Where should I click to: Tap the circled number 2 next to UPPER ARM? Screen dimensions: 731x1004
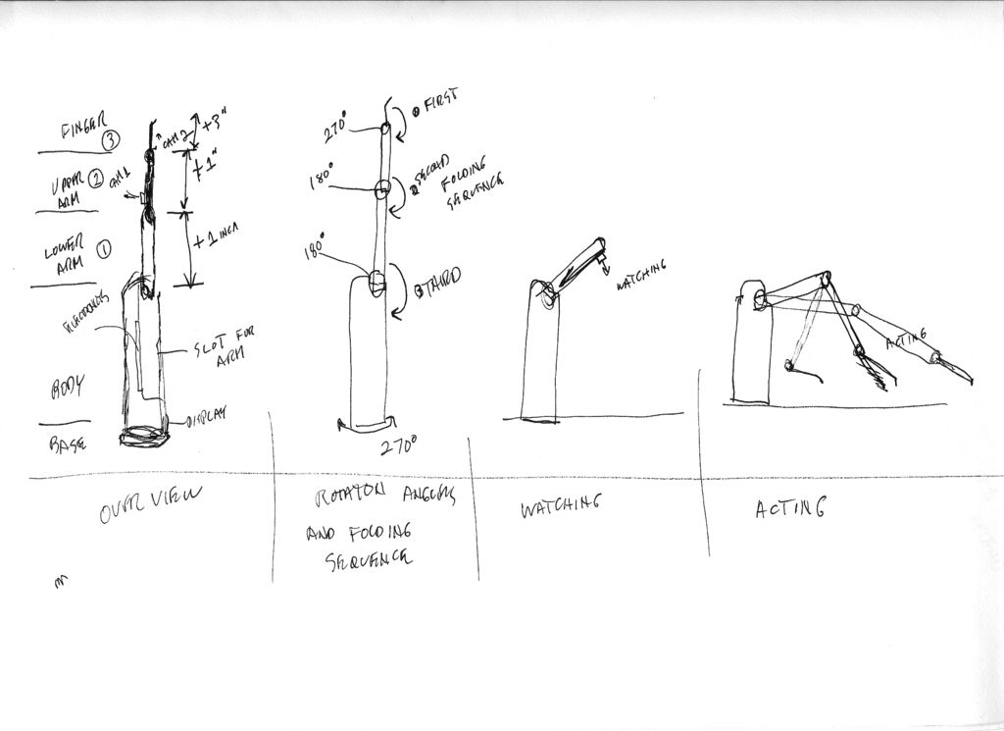tap(96, 179)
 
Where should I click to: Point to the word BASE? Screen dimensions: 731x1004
tap(67, 444)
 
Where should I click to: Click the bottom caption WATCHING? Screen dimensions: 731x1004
tap(558, 506)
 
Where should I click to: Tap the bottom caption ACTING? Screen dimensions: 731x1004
tap(790, 509)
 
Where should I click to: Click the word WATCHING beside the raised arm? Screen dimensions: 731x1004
tap(642, 276)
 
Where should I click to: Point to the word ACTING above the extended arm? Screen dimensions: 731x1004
tap(911, 341)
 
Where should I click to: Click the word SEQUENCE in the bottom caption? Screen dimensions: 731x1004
tap(368, 558)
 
